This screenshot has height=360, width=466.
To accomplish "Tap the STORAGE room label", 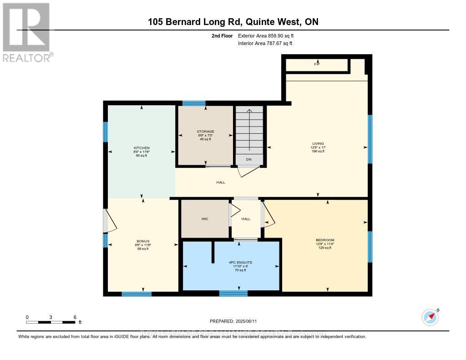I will (205, 132).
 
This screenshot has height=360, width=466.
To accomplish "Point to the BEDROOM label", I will (325, 240).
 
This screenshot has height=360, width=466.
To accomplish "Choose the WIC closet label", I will (205, 219).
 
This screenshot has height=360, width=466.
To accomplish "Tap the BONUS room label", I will (143, 241).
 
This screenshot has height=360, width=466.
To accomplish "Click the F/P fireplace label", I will (316, 65).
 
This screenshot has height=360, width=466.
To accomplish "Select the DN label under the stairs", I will (248, 159).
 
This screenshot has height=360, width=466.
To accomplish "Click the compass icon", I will (430, 316).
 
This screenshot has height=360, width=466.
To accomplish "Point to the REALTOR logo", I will (26, 32).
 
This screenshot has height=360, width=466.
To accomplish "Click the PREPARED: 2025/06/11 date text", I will (233, 321).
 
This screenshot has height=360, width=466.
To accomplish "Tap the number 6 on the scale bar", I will (75, 317).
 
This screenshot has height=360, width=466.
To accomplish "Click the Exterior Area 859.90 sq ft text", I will (269, 35).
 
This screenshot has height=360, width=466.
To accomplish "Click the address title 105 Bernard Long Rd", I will (233, 22).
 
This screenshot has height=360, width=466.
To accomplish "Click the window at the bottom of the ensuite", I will (233, 294).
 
